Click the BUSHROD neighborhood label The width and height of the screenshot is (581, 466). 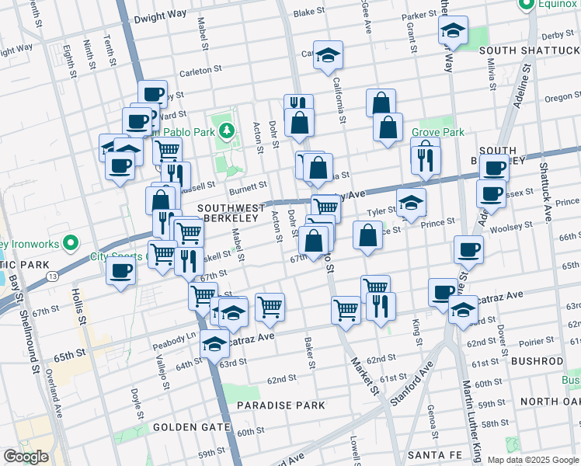point(537,362)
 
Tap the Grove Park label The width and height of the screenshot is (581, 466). point(438,132)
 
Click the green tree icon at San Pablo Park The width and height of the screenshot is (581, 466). point(226,130)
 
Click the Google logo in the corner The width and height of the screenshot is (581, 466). point(26,457)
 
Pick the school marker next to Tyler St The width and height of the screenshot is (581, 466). point(411,203)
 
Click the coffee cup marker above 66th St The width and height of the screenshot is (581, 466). point(468,250)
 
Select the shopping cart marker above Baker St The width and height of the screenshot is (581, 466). point(270,306)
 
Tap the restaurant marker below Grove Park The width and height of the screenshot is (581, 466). point(425,158)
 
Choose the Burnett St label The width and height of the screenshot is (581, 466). point(248,186)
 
